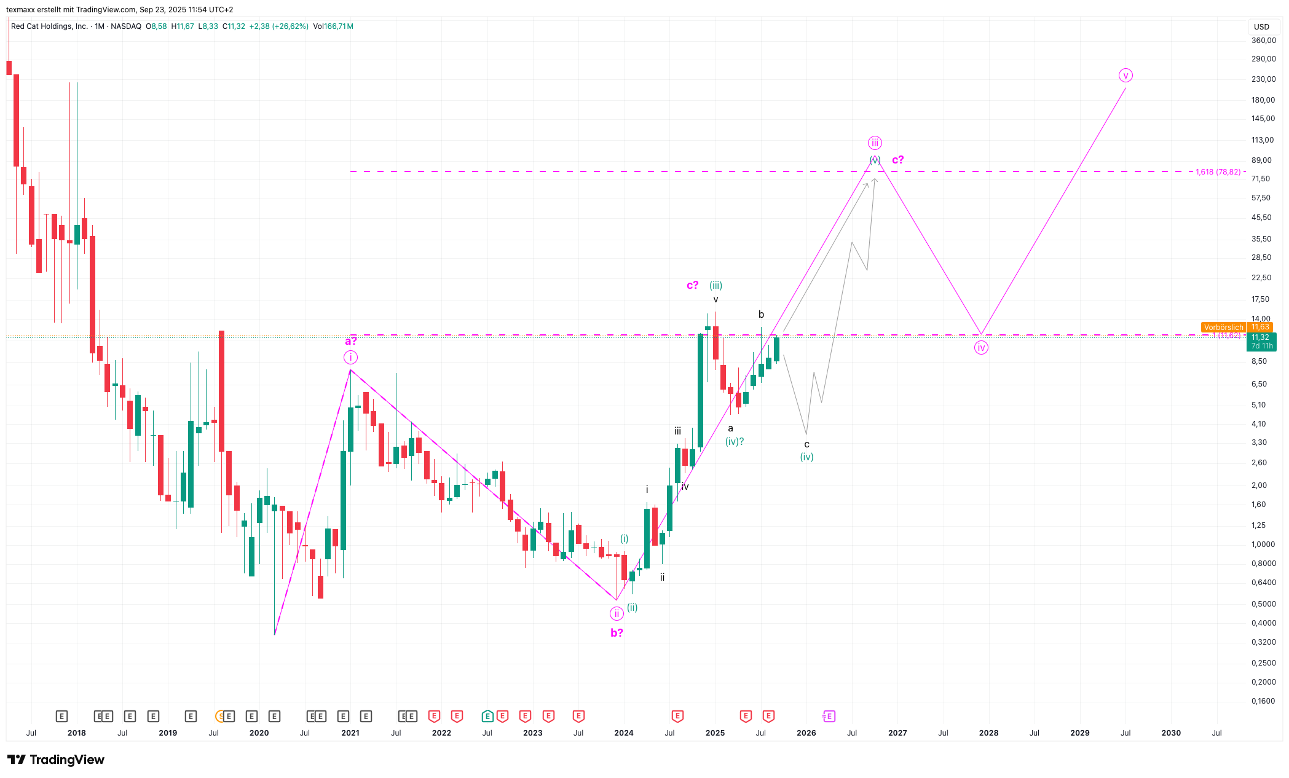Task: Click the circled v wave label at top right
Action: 1125,76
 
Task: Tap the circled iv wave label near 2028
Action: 981,348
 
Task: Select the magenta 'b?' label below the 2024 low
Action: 617,632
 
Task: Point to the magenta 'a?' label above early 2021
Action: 350,341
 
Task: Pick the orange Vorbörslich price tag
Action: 1223,328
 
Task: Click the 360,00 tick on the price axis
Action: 1263,41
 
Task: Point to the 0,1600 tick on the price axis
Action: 1263,701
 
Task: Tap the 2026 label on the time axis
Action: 806,733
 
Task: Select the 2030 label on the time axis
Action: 1170,733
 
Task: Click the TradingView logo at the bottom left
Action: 56,760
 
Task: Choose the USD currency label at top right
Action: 1261,26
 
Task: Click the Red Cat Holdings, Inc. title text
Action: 49,26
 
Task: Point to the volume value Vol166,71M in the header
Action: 333,26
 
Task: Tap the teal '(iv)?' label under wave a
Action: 735,441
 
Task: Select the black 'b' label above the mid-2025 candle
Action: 761,314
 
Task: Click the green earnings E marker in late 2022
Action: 487,716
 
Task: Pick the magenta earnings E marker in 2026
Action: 829,716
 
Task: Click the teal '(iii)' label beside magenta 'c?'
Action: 715,285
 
